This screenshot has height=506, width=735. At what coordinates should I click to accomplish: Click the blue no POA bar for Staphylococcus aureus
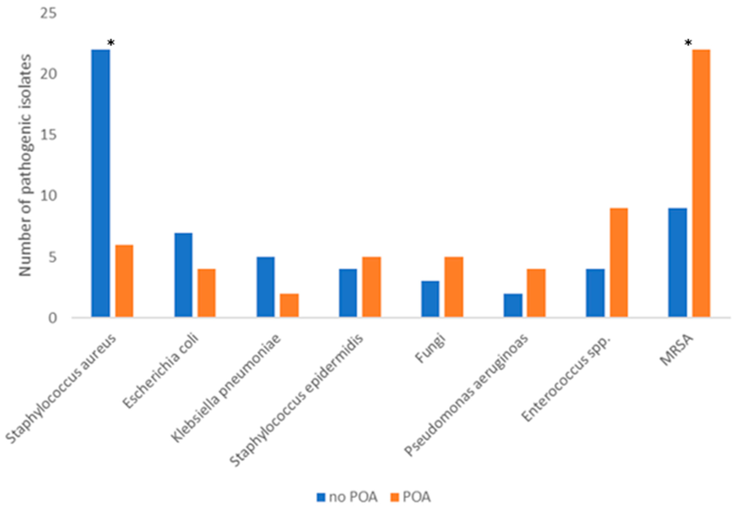(x=101, y=183)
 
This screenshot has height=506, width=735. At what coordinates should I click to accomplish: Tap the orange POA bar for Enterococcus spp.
(x=619, y=263)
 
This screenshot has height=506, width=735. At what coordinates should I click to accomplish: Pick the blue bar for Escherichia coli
(x=183, y=275)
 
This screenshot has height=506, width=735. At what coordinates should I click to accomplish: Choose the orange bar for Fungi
(x=454, y=287)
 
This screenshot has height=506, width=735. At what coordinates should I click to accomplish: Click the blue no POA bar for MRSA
(x=678, y=263)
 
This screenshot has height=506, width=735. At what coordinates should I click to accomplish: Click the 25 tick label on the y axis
(x=48, y=14)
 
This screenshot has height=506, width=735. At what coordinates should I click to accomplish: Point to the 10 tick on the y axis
(x=48, y=196)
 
